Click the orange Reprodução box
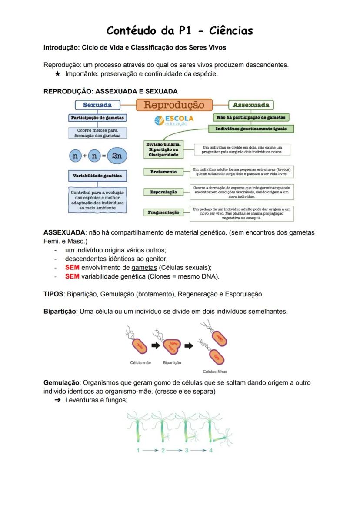coord(174,105)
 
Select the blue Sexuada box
coord(97,105)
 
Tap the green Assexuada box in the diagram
coord(251,105)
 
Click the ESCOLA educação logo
coord(174,120)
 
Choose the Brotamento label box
coord(163,172)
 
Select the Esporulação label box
coord(163,192)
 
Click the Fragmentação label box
coord(163,212)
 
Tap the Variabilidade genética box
coord(97,176)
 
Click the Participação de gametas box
coord(97,118)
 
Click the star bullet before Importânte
coord(58,74)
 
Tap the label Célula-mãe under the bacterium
coord(140,362)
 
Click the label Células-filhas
coord(215,372)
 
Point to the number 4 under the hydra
coord(211,451)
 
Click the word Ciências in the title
coord(231,31)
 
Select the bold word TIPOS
coord(53,294)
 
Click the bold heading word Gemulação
coord(61,383)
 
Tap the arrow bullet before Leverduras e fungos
coord(58,400)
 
